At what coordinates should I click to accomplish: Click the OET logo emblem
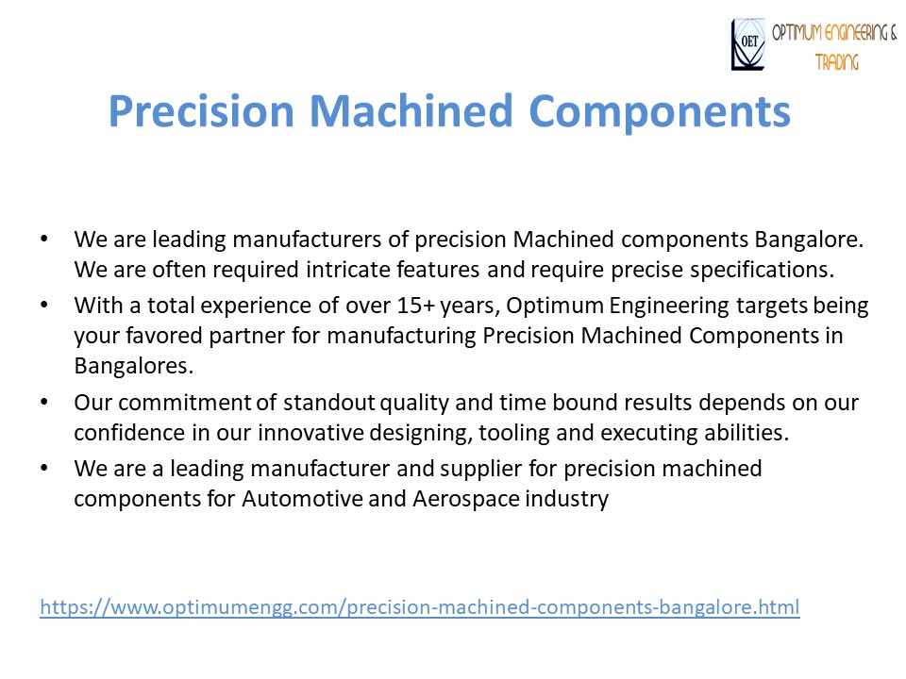748,44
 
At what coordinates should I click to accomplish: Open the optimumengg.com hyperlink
419,606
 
